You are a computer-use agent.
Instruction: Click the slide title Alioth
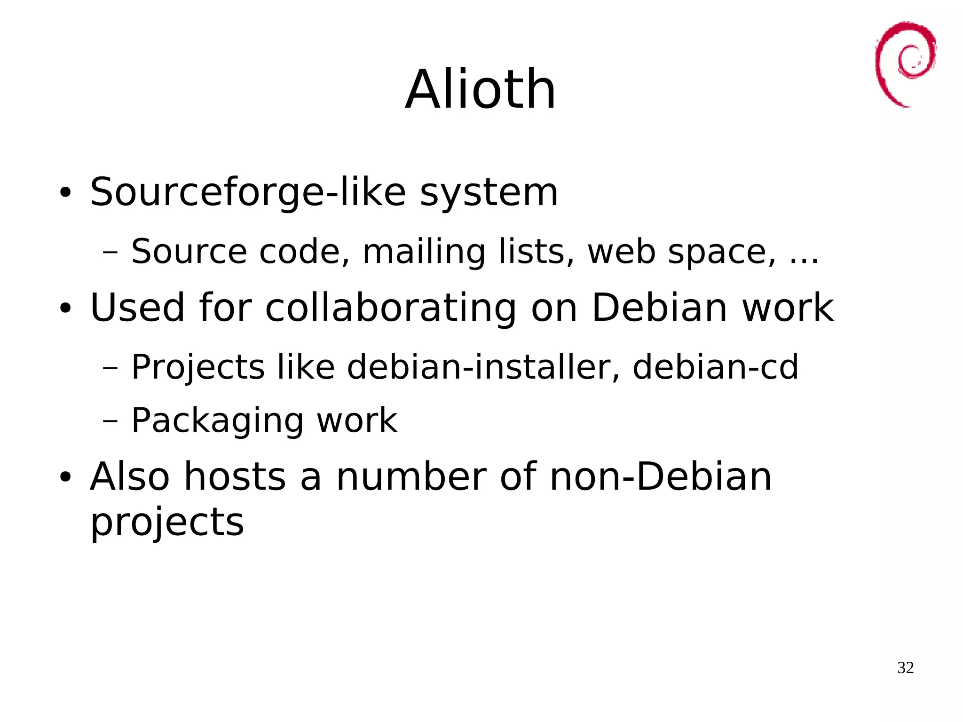coord(481,89)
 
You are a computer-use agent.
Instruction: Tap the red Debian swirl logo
coord(905,63)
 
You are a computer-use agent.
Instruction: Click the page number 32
coord(905,667)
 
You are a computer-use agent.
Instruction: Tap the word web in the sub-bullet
coord(622,252)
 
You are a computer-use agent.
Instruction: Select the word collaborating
coord(391,308)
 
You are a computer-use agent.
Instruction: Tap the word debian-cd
coord(715,367)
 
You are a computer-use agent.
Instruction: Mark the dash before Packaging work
coord(110,420)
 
